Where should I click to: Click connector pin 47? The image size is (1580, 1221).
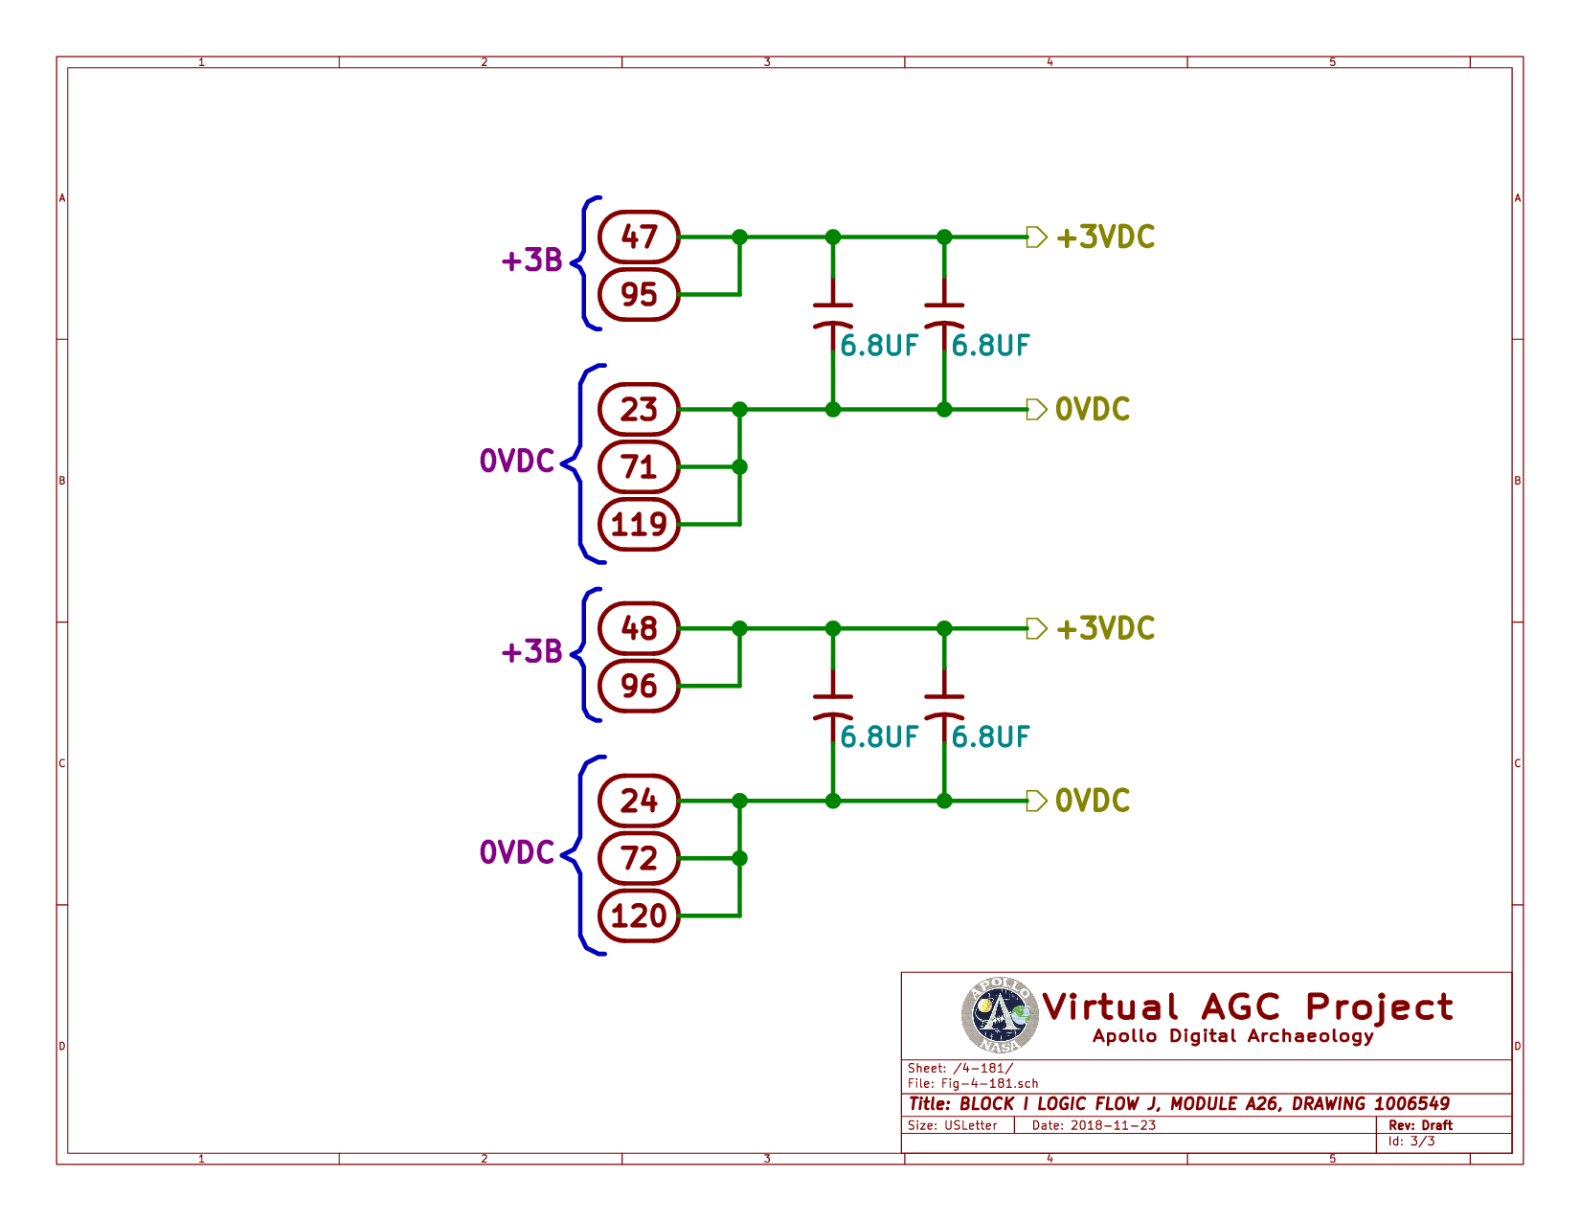click(x=639, y=237)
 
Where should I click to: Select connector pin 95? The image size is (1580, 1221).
click(x=639, y=294)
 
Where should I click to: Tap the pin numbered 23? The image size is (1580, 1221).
click(x=639, y=410)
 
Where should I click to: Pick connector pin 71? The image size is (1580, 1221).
click(x=639, y=467)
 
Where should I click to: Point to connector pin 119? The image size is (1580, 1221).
click(x=639, y=525)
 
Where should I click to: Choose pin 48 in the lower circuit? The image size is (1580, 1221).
click(x=639, y=628)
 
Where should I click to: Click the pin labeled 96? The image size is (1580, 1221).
click(x=639, y=686)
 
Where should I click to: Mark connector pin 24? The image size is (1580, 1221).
click(x=639, y=801)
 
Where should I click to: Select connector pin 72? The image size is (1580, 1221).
click(x=639, y=858)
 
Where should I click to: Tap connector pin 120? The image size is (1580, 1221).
click(x=639, y=916)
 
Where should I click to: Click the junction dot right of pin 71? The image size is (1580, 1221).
click(x=739, y=467)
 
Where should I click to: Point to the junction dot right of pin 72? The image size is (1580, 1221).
click(x=739, y=858)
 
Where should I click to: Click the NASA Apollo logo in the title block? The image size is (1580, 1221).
click(x=1000, y=1015)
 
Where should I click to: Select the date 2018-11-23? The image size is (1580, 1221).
click(x=1113, y=1125)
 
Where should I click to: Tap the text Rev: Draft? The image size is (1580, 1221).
click(x=1420, y=1125)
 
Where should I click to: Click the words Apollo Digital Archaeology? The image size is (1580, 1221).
click(x=1233, y=1036)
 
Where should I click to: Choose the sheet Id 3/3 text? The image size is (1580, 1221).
click(x=1411, y=1142)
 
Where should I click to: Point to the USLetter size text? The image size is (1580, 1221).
click(x=971, y=1125)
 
